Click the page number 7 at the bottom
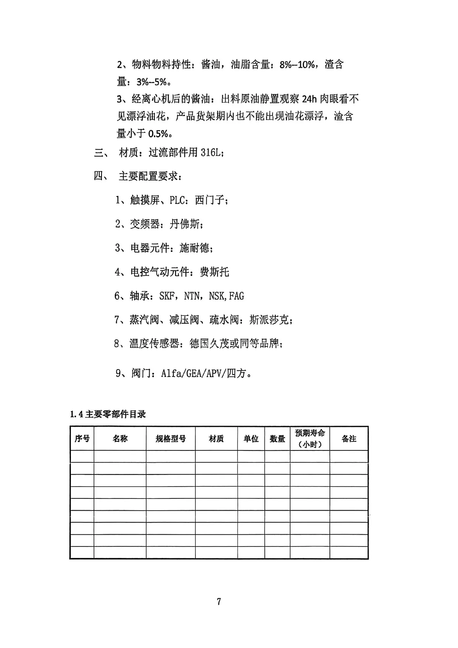pos(219,601)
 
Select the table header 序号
pos(82,439)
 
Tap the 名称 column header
pos(120,439)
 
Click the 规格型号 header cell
pos(171,439)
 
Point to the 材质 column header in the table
pos(216,439)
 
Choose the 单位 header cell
pos(251,439)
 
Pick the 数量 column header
pos(277,439)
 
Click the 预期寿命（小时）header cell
pos(310,438)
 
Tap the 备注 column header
pos(349,439)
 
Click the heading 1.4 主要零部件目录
pos(108,414)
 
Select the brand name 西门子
pos(209,200)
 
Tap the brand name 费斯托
pos(214,272)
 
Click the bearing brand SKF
pos(167,296)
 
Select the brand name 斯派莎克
pos(269,320)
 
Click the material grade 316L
pos(211,152)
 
